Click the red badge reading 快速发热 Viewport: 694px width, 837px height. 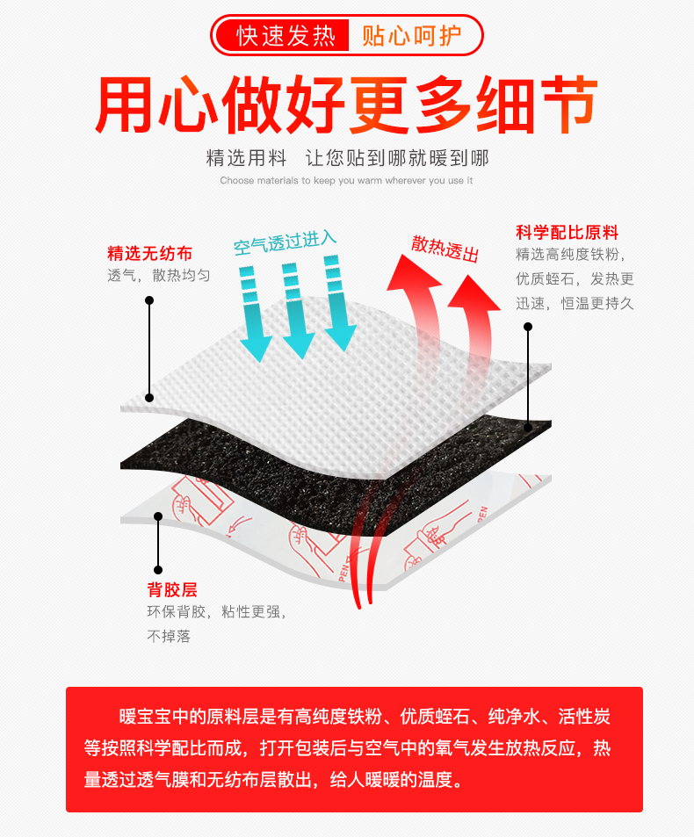coord(286,36)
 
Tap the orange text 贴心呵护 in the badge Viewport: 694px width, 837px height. coord(410,36)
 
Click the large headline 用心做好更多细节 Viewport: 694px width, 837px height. coord(347,105)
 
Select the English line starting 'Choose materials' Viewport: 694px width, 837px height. coord(347,180)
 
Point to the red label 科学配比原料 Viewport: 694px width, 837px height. coord(567,233)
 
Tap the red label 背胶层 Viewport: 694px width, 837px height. coord(172,589)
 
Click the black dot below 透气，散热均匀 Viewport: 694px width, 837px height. coord(149,300)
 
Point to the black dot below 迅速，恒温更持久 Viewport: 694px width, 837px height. coord(528,327)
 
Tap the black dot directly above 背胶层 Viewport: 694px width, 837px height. coord(158,569)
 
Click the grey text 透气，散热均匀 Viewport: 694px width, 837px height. coord(159,276)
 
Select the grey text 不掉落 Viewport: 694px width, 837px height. coord(169,636)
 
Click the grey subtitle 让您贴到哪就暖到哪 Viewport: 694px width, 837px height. coord(396,158)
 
